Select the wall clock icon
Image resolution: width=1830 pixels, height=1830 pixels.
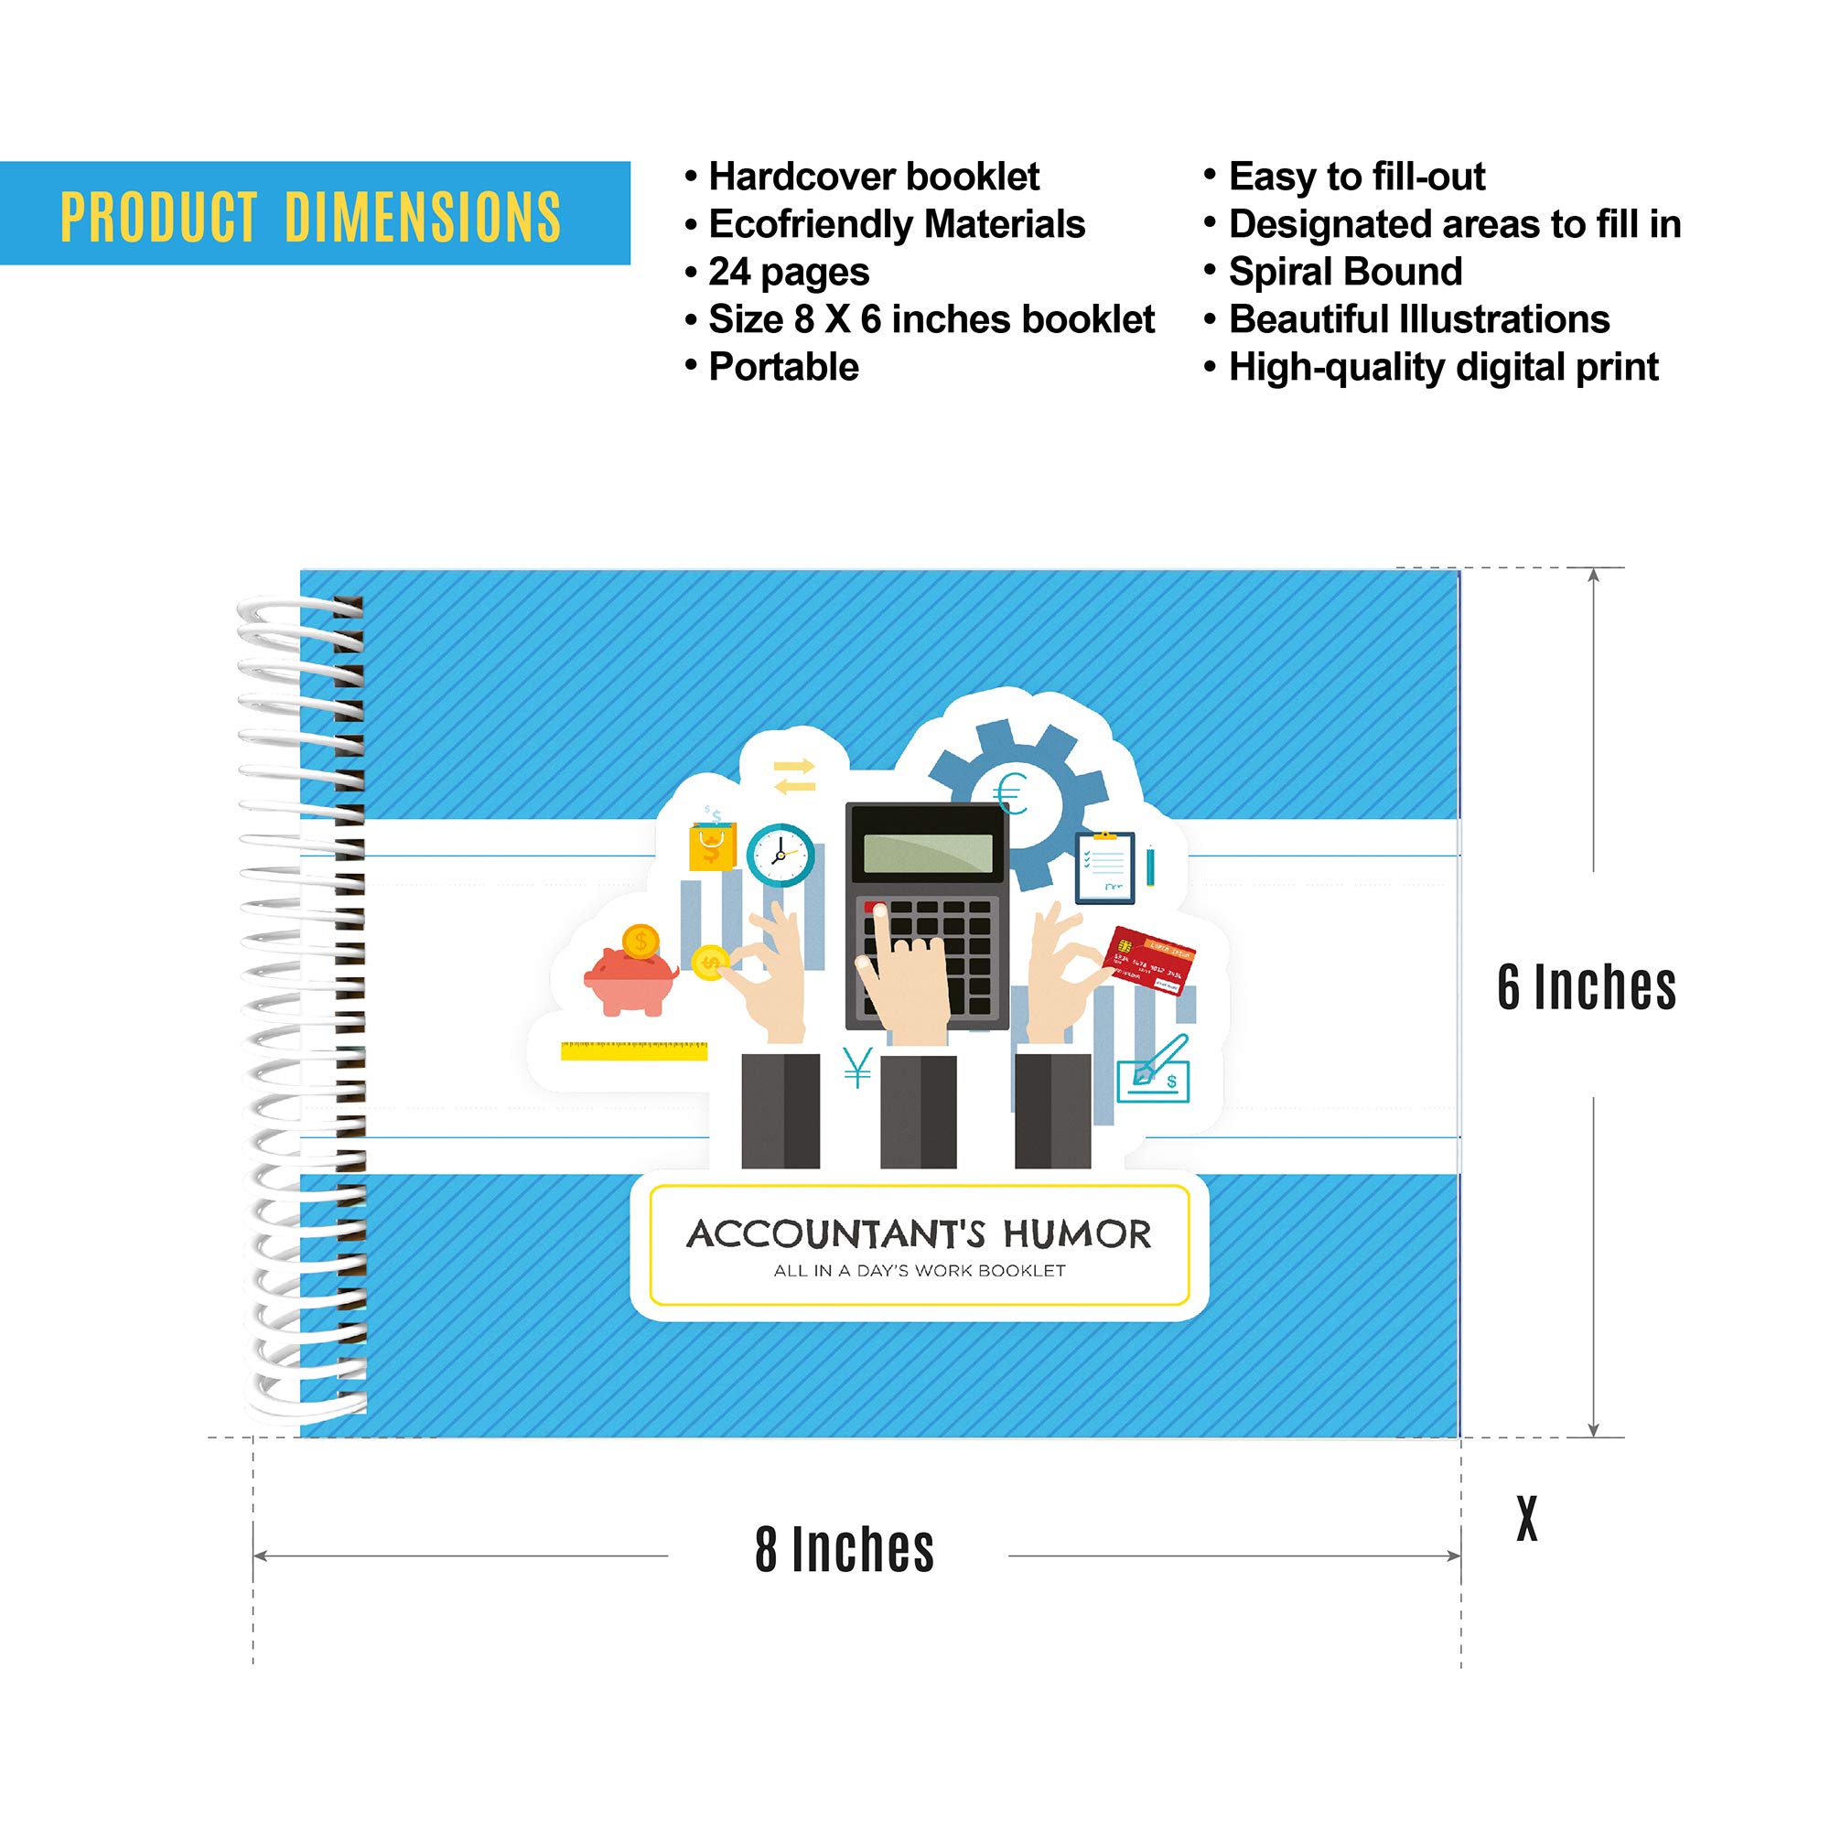[780, 855]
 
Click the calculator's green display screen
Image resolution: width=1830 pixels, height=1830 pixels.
[927, 854]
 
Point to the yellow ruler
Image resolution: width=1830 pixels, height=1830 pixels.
[634, 1050]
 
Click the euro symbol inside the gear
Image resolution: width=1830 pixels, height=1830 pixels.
[1012, 793]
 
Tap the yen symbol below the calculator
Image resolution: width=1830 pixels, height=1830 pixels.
[857, 1068]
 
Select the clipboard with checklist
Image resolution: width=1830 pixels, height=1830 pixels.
[1104, 867]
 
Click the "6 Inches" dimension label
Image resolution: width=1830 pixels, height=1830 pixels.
[1587, 987]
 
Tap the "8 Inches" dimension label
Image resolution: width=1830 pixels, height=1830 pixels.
[844, 1551]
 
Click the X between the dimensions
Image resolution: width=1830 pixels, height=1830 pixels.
[1526, 1519]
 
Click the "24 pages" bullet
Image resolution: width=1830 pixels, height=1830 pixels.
[788, 272]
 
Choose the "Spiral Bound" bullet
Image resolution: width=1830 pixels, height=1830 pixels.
[1345, 272]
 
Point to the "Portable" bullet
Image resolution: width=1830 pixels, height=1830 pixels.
[783, 367]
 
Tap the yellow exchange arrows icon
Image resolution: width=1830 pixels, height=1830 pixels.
[793, 776]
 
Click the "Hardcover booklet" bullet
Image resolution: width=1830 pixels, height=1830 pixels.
[873, 178]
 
